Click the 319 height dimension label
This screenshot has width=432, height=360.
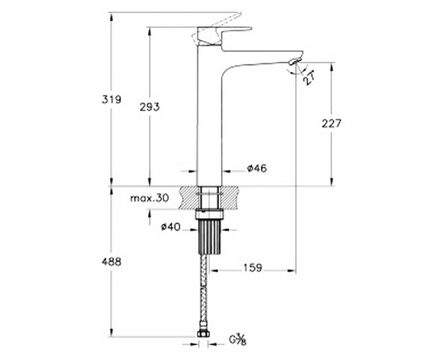(112, 99)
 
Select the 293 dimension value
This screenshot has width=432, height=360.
(149, 107)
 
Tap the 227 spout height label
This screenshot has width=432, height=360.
(331, 124)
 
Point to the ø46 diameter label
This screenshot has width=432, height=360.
(257, 168)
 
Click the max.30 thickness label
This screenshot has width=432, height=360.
(149, 198)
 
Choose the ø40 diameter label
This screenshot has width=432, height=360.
(171, 227)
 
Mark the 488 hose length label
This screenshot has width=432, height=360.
(112, 261)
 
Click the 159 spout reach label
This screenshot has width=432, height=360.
(253, 267)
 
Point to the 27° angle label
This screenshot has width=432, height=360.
(309, 78)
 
